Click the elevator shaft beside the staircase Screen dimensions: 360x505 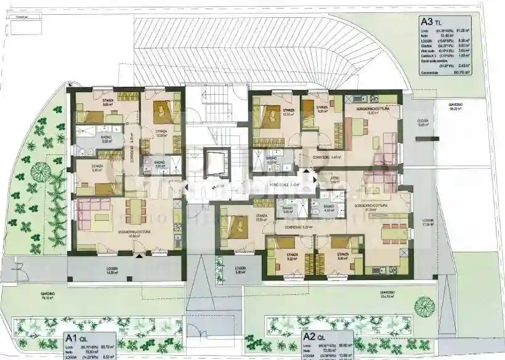point(217,164)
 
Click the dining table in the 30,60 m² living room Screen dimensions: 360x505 point(135,211)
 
